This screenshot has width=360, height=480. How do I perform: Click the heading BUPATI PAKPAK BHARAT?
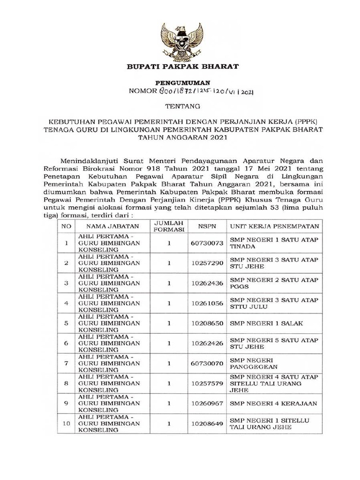pyautogui.click(x=183, y=67)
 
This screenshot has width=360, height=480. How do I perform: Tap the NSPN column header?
pyautogui.click(x=207, y=226)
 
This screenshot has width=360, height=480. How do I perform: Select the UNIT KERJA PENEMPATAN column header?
pyautogui.click(x=274, y=226)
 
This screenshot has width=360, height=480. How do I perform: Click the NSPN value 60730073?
pyautogui.click(x=207, y=243)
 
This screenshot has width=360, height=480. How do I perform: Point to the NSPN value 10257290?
pyautogui.click(x=207, y=263)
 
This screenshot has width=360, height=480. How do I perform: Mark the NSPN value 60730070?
pyautogui.click(x=207, y=363)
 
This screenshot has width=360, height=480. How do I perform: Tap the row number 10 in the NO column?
pyautogui.click(x=66, y=423)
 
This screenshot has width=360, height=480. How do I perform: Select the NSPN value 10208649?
pyautogui.click(x=207, y=423)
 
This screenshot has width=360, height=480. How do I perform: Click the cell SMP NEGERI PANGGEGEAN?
pyautogui.click(x=254, y=363)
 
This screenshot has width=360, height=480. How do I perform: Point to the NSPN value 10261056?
pyautogui.click(x=207, y=303)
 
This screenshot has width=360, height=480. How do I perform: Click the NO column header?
pyautogui.click(x=66, y=226)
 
